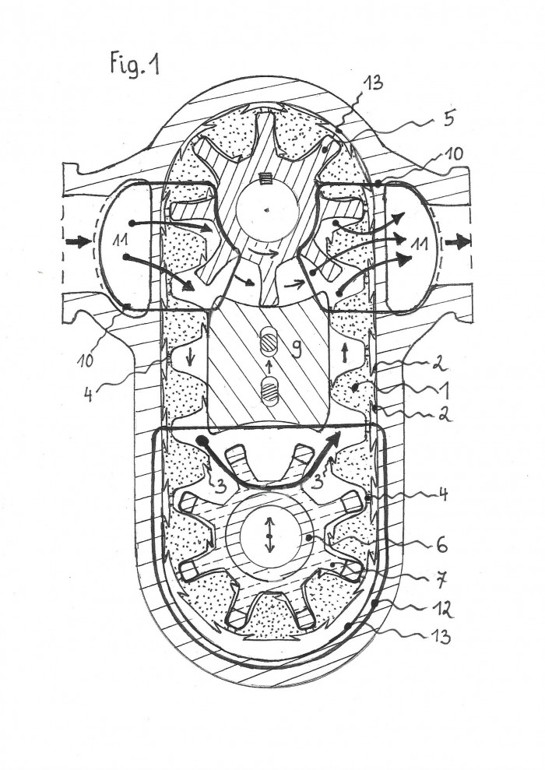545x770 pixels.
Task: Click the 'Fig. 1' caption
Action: tap(135, 65)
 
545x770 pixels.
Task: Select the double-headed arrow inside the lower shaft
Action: tap(268, 537)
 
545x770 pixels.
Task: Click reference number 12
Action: tap(441, 544)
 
